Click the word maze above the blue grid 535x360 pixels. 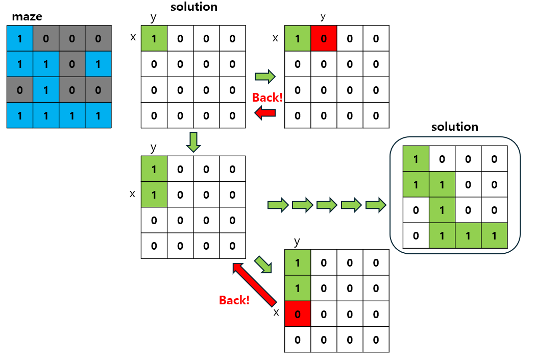pyautogui.click(x=27, y=17)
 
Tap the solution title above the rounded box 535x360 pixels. pyautogui.click(x=454, y=127)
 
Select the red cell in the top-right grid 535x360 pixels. pyautogui.click(x=324, y=38)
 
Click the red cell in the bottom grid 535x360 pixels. pyautogui.click(x=297, y=314)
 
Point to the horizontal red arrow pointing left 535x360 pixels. pyautogui.click(x=265, y=113)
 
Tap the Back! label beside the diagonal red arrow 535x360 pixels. pyautogui.click(x=234, y=300)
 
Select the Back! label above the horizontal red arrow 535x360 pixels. pyautogui.click(x=267, y=98)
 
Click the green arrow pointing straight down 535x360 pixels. pyautogui.click(x=192, y=141)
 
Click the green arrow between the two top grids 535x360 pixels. pyautogui.click(x=265, y=77)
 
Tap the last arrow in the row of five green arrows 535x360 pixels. pyautogui.click(x=375, y=205)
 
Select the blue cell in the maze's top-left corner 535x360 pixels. pyautogui.click(x=20, y=38)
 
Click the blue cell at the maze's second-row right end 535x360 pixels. pyautogui.click(x=98, y=64)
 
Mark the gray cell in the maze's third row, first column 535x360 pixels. pyautogui.click(x=20, y=90)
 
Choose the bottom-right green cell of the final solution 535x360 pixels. pyautogui.click(x=494, y=236)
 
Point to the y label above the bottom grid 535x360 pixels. pyautogui.click(x=297, y=241)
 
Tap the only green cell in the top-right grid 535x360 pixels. pyautogui.click(x=297, y=38)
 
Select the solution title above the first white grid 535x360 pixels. pyautogui.click(x=193, y=7)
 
